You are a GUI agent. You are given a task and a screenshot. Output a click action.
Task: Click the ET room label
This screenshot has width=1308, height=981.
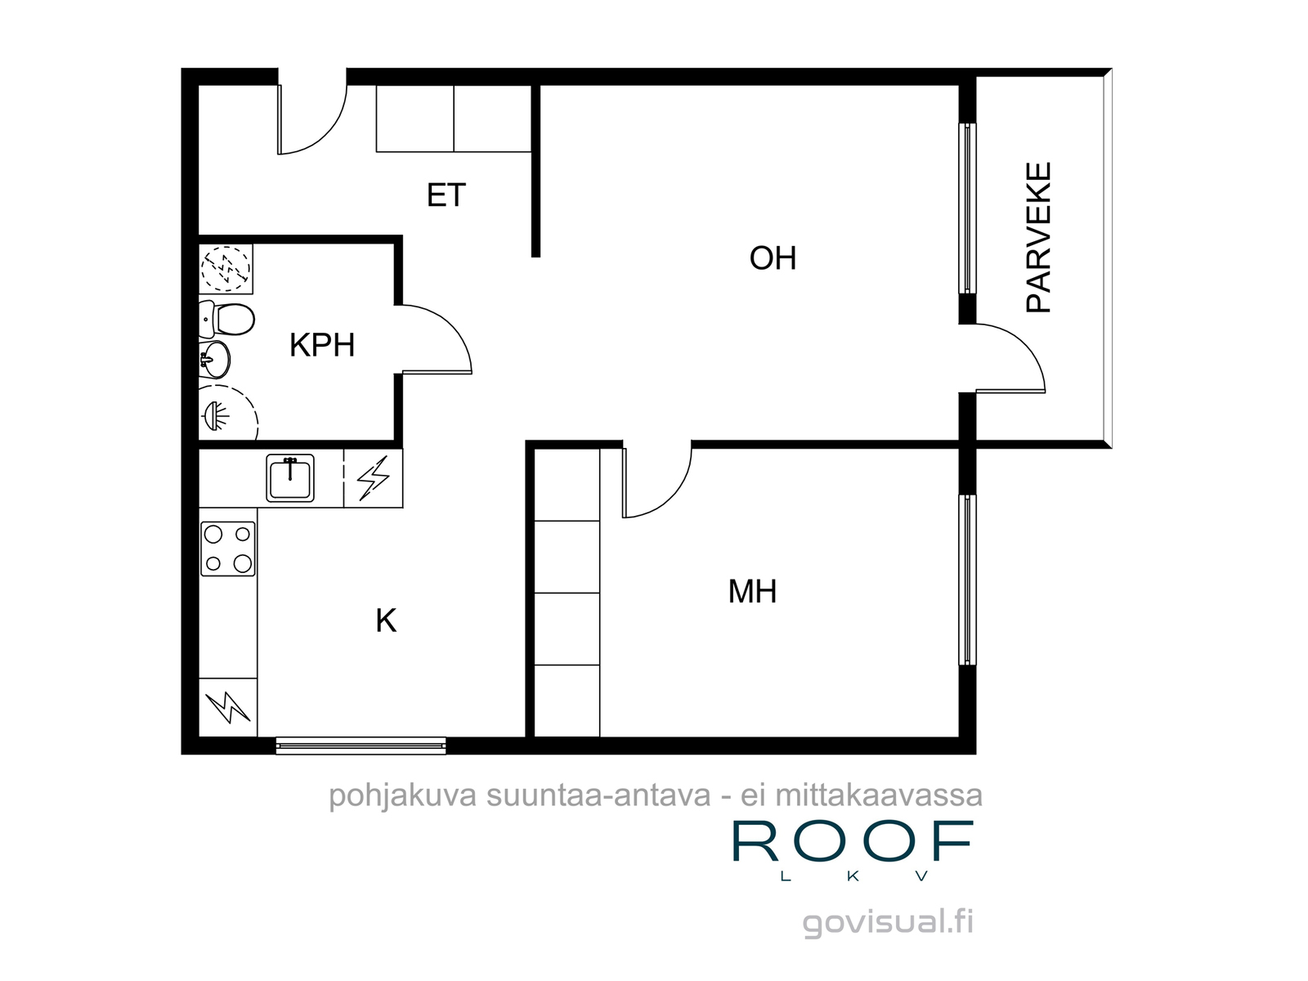click(x=446, y=195)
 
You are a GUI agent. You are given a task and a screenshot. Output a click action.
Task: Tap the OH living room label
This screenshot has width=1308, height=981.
click(x=773, y=258)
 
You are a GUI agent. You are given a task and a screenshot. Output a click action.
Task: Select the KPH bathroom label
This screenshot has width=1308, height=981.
click(x=322, y=345)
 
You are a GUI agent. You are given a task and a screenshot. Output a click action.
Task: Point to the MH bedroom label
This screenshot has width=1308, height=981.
click(x=752, y=591)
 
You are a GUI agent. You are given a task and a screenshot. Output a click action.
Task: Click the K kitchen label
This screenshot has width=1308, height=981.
click(x=386, y=620)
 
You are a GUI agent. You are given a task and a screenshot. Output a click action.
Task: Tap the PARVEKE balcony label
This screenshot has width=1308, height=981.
click(x=1038, y=237)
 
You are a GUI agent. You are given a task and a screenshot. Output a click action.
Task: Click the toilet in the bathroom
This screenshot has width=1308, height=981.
click(x=226, y=320)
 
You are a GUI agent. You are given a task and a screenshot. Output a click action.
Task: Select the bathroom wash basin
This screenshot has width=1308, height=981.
click(x=214, y=360)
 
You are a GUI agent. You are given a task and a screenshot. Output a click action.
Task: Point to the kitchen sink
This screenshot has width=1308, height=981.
click(x=290, y=477)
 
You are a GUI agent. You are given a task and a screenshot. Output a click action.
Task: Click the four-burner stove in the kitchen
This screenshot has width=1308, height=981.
click(x=227, y=549)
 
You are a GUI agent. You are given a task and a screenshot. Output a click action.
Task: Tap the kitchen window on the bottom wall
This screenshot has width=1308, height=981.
click(x=361, y=745)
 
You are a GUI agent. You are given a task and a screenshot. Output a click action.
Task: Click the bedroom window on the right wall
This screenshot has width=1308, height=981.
click(x=967, y=580)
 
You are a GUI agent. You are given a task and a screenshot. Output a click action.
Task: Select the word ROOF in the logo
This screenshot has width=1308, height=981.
click(x=853, y=840)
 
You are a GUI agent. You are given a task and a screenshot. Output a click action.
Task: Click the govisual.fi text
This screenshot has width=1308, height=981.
click(x=888, y=923)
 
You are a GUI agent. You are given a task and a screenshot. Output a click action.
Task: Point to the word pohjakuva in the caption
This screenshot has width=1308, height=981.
click(x=402, y=796)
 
